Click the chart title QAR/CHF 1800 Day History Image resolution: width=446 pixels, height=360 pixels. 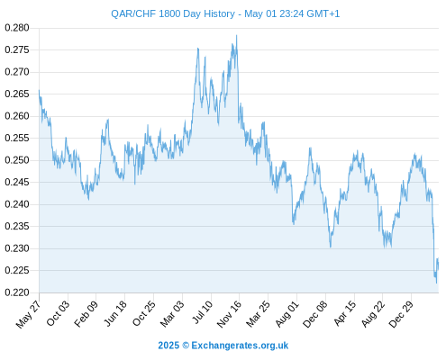coord(173,13)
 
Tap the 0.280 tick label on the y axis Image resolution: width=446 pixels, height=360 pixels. coord(17,28)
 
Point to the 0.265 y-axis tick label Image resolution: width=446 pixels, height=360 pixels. coord(17,94)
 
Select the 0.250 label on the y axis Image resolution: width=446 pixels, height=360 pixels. coord(17,160)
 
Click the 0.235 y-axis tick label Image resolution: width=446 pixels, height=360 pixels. coord(17,226)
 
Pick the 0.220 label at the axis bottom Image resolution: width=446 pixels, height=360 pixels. coord(17,292)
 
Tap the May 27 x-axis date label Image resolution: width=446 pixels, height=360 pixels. coord(29,314)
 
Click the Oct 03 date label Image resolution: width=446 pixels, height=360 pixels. coord(58,313)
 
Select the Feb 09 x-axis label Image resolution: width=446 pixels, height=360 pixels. coord(86,314)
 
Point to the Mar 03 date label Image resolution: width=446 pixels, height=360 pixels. coord(172,314)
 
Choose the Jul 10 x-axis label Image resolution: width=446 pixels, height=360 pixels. coord(203,312)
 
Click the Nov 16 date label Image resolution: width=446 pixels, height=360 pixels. coord(229,314)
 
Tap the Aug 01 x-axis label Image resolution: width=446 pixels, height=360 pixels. coord(287,314)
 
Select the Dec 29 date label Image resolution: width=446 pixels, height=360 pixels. coord(401,314)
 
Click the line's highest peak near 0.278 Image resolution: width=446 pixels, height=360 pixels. coord(237,35)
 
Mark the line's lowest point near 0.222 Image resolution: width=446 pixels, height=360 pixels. coord(436,283)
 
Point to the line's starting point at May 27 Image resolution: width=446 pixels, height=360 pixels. coord(39,90)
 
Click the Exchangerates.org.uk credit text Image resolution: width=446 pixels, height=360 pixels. coord(240,346)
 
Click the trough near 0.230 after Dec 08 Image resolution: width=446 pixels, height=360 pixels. coord(331,247)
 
